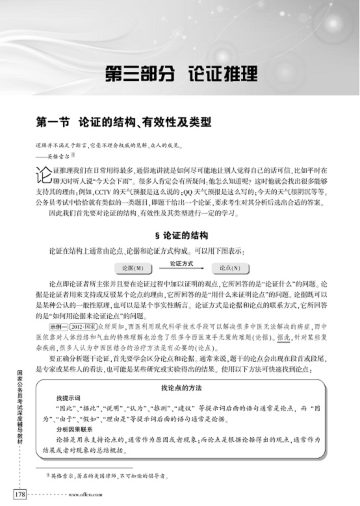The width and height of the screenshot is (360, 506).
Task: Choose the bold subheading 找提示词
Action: pos(68,398)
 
